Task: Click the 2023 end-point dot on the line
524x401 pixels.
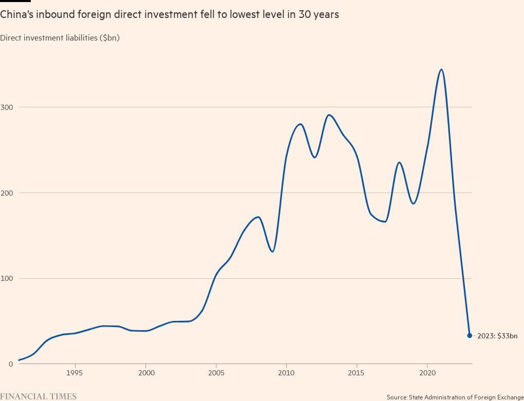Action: pyautogui.click(x=470, y=335)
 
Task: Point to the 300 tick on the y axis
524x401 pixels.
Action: pyautogui.click(x=9, y=107)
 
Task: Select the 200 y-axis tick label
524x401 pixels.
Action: pyautogui.click(x=9, y=193)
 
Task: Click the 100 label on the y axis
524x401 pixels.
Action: pyautogui.click(x=9, y=278)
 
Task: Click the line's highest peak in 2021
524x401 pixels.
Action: pyautogui.click(x=441, y=69)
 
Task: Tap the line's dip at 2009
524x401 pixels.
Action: pyautogui.click(x=272, y=252)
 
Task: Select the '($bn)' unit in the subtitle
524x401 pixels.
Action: pyautogui.click(x=109, y=37)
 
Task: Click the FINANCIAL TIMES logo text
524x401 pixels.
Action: pyautogui.click(x=39, y=396)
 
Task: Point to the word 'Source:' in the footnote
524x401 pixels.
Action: pyautogui.click(x=397, y=397)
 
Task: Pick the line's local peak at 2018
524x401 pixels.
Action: pyautogui.click(x=399, y=162)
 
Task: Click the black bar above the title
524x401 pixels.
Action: pyautogui.click(x=15, y=1)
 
